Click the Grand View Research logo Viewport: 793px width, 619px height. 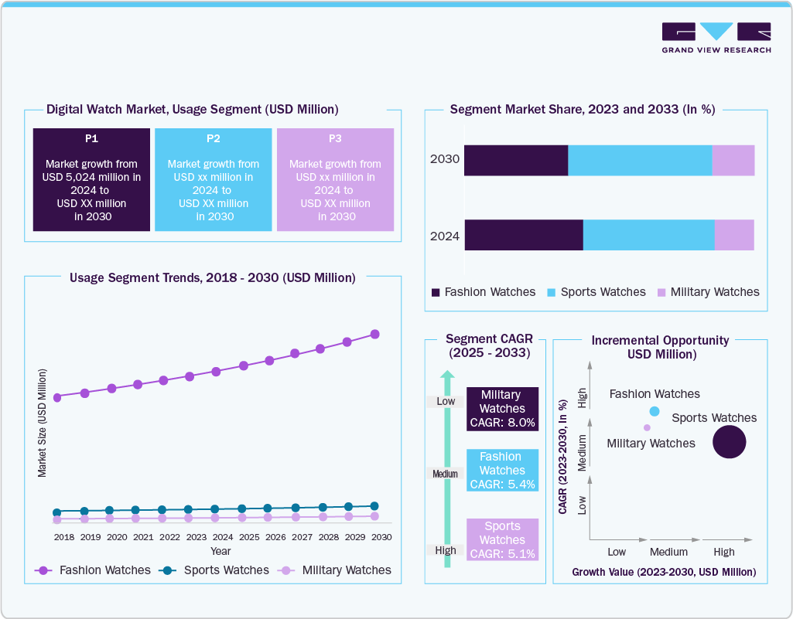[716, 38]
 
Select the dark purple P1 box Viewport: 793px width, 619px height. [91, 179]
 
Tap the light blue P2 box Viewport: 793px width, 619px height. [214, 179]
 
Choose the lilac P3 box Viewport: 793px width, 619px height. [335, 179]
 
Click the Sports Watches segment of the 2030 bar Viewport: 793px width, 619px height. [640, 160]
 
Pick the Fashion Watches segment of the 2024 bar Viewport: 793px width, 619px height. [523, 235]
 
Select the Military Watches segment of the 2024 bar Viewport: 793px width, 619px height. [734, 235]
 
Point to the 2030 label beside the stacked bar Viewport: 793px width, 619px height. [445, 160]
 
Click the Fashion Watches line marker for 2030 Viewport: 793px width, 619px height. [375, 334]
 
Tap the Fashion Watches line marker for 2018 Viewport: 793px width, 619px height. [57, 397]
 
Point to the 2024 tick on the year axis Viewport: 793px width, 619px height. [222, 536]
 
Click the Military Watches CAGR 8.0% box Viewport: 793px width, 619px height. [502, 409]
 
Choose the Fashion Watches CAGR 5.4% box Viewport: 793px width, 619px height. [502, 471]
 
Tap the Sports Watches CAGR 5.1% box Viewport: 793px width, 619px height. [502, 539]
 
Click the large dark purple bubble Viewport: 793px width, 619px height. [729, 443]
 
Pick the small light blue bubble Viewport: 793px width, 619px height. [655, 411]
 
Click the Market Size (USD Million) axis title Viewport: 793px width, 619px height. [43, 423]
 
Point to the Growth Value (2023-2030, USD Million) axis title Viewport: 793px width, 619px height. [664, 573]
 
